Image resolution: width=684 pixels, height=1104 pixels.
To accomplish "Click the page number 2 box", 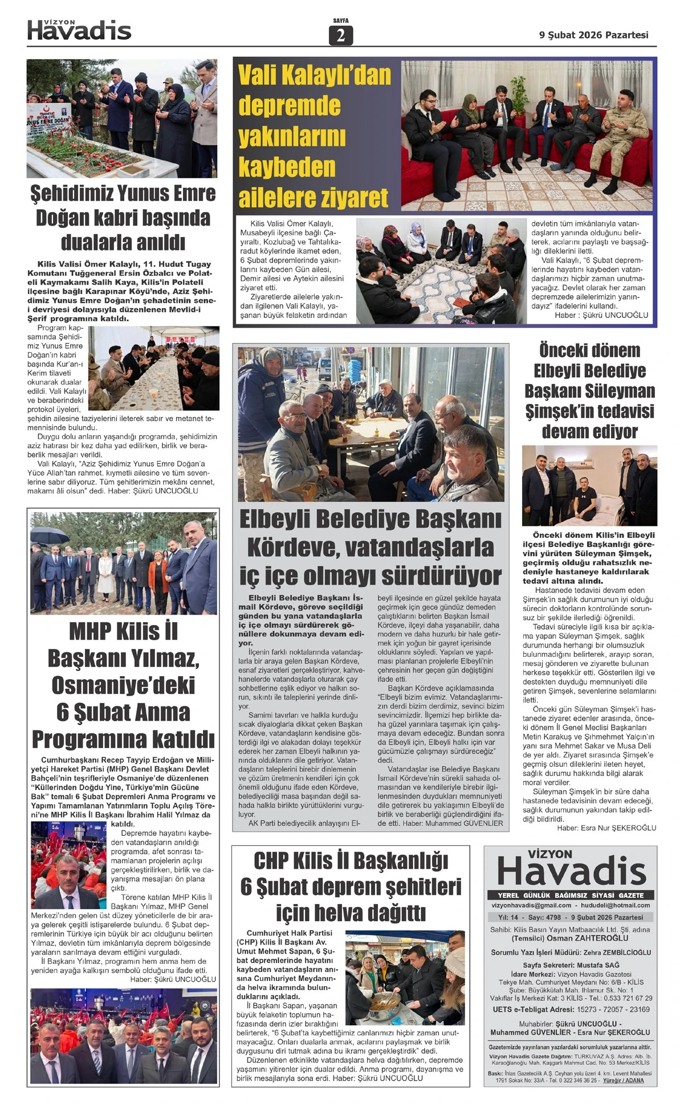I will [x=341, y=36].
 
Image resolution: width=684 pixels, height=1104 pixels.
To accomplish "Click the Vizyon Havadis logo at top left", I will [x=79, y=30].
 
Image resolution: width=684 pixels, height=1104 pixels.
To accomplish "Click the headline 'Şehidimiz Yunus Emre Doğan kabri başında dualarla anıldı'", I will [x=123, y=218].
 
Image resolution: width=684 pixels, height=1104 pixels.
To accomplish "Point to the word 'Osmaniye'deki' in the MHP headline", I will [x=123, y=685].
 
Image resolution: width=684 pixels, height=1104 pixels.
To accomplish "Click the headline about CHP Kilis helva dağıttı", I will [x=351, y=886].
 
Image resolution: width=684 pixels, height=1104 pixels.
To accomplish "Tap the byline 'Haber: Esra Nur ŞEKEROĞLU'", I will [x=606, y=828].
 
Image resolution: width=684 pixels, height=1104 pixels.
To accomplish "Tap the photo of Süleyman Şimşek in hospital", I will [x=589, y=485].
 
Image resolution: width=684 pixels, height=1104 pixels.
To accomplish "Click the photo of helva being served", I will [x=405, y=978].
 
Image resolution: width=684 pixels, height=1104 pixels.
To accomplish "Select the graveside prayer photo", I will [x=122, y=118].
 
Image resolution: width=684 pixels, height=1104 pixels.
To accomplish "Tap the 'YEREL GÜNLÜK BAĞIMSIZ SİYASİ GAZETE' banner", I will [x=570, y=895].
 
